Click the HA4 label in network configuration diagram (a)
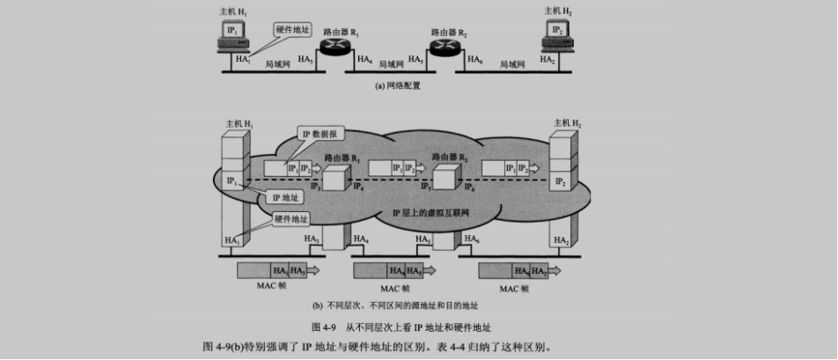(364, 61)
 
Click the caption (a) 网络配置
(398, 86)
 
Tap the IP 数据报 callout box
(321, 134)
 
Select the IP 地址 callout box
(284, 199)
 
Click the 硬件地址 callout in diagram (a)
(292, 30)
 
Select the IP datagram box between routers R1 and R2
(390, 167)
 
